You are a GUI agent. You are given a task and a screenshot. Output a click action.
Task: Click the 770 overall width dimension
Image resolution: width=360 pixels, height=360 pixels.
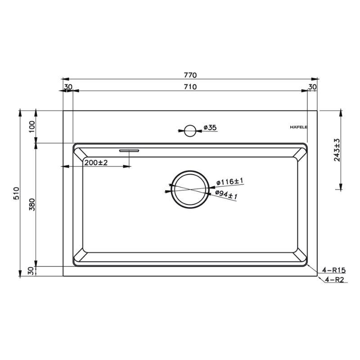pyautogui.click(x=190, y=75)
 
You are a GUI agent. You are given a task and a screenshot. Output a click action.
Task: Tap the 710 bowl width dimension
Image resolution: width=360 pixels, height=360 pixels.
pyautogui.click(x=190, y=87)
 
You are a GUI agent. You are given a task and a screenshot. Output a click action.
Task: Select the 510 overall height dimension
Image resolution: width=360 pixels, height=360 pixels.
pyautogui.click(x=17, y=193)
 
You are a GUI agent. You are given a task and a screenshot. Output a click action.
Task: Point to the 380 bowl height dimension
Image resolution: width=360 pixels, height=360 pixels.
pyautogui.click(x=32, y=205)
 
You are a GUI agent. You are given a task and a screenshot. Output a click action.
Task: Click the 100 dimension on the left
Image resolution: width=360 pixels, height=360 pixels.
pyautogui.click(x=32, y=126)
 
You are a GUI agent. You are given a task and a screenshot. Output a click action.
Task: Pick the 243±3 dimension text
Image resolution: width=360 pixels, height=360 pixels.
pyautogui.click(x=337, y=150)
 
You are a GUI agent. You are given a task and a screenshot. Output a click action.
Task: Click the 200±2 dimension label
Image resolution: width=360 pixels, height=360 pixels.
pyautogui.click(x=96, y=163)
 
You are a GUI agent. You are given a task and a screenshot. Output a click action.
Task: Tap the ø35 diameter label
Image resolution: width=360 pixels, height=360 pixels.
pyautogui.click(x=210, y=127)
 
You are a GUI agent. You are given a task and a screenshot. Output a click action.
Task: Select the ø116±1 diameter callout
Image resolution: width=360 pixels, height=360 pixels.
pyautogui.click(x=229, y=182)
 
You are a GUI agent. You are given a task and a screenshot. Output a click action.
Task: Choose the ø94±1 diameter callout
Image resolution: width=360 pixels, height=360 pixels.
pyautogui.click(x=226, y=195)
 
